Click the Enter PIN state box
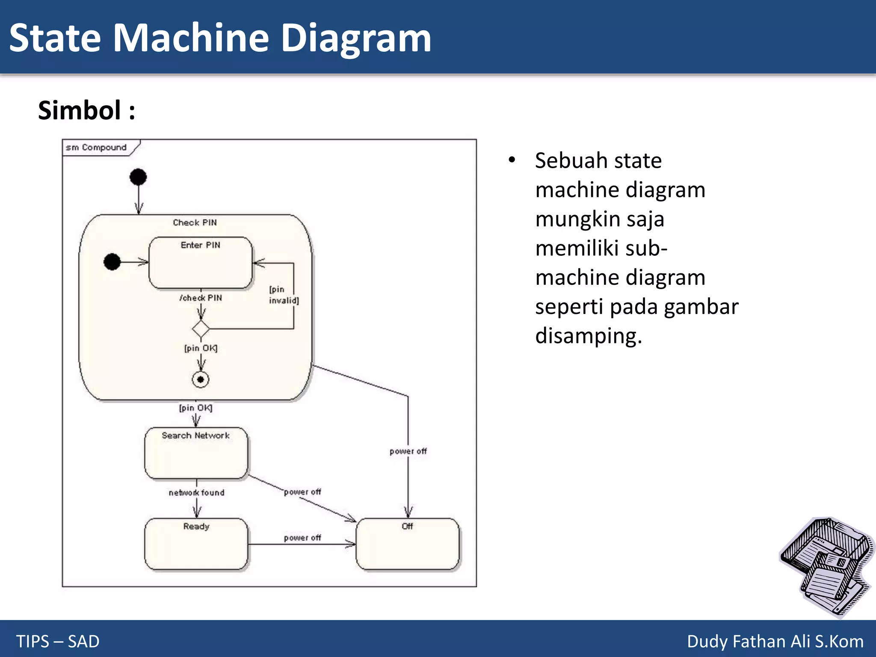[200, 263]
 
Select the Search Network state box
[196, 453]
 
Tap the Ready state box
[196, 544]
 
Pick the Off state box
[408, 544]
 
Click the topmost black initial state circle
[138, 177]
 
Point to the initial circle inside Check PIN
[112, 262]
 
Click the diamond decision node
[201, 329]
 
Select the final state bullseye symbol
[201, 379]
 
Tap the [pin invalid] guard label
[283, 295]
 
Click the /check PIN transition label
[201, 298]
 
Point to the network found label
[196, 493]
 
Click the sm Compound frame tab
[97, 148]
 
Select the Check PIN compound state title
[195, 222]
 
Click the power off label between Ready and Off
[302, 538]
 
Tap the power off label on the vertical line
[408, 451]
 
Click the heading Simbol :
[86, 110]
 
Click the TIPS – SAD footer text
[58, 641]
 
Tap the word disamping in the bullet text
[588, 336]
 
